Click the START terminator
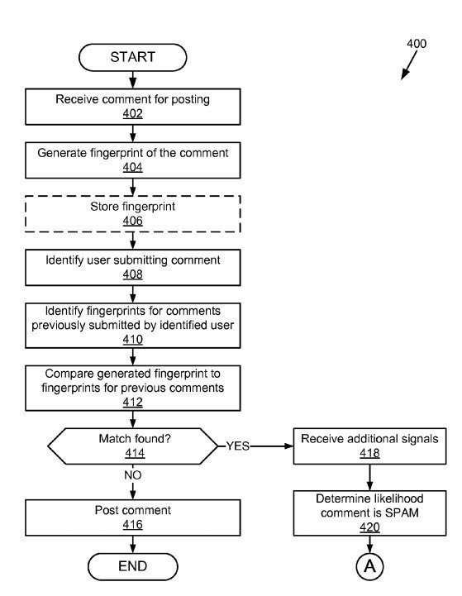[132, 57]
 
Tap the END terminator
[132, 566]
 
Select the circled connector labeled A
[369, 566]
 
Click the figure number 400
[417, 44]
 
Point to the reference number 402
[132, 113]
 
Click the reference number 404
[132, 167]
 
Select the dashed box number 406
[132, 221]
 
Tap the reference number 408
[132, 274]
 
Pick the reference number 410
[132, 340]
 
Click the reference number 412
[132, 402]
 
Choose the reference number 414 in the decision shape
[135, 453]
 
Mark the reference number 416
[132, 525]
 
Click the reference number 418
[369, 453]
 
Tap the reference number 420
[369, 527]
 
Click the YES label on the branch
[238, 446]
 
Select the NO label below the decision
[132, 475]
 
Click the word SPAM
[402, 513]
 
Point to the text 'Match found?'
[135, 439]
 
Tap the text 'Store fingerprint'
[132, 207]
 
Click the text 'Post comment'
[132, 510]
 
